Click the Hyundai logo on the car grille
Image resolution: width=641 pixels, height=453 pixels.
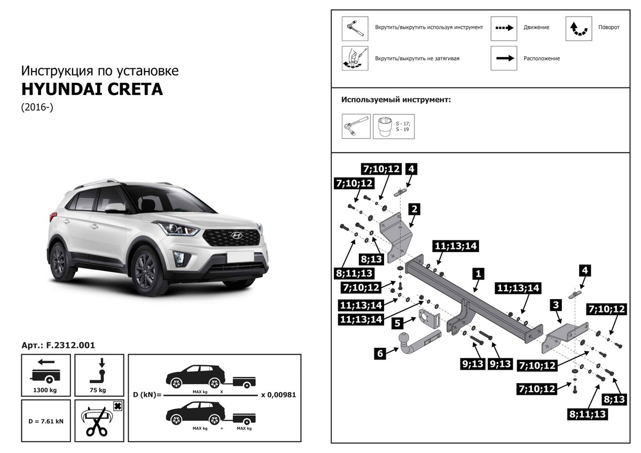233,236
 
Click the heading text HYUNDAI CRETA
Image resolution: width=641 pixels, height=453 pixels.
92,89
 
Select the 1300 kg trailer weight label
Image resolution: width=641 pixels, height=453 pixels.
45,390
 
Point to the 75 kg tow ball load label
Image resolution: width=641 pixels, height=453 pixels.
99,390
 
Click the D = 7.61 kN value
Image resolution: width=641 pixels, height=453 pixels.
45,421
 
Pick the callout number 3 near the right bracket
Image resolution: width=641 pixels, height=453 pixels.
556,305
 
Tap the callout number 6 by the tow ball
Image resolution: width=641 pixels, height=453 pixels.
380,353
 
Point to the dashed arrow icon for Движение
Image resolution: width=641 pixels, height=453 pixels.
504,28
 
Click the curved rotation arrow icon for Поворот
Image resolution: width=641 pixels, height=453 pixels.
579,28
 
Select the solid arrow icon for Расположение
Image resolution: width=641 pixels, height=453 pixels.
504,58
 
